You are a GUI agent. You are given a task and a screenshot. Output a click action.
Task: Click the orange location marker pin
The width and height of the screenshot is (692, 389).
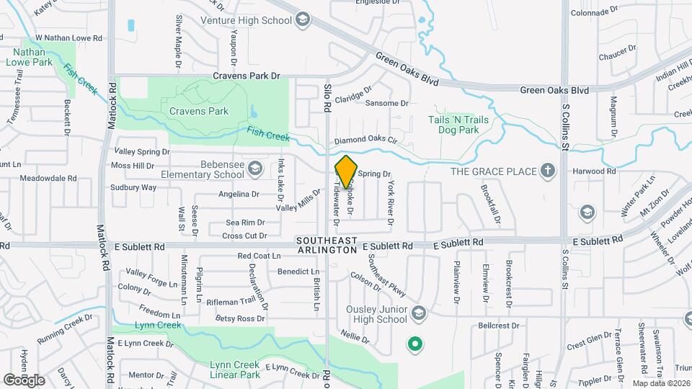coord(346,171)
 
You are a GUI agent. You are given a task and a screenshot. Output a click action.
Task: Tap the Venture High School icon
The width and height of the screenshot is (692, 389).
coord(303,19)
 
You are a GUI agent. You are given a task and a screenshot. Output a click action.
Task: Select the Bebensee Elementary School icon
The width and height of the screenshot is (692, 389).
coord(254,169)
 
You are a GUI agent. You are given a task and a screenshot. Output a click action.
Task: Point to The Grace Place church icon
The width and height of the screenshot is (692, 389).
coord(548,171)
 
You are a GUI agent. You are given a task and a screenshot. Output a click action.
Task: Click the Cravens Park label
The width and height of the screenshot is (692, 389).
coord(198,111)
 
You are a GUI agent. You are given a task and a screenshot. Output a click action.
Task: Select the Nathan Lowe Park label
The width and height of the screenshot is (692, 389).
coord(30,57)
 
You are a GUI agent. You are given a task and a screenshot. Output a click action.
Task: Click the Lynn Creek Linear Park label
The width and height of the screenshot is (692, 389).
coord(235,370)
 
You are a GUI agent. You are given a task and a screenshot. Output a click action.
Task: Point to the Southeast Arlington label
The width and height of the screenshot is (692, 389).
coord(327,245)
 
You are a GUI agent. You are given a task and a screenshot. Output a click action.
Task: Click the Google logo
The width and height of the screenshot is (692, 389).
coord(24,380)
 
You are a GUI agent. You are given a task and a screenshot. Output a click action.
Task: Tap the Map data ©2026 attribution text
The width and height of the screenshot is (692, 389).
coord(661,383)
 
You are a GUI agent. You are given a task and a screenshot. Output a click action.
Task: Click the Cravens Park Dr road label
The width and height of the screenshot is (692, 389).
coord(245,75)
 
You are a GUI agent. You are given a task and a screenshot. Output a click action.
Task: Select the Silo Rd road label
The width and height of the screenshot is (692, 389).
coord(327,97)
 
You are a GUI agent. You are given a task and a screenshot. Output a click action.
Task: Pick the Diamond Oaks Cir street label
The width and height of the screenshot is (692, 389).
coord(365,140)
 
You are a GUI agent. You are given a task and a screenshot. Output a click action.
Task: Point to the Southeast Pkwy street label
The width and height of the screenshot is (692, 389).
coord(387,276)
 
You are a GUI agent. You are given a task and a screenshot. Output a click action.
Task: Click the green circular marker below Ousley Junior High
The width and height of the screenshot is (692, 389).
coord(414,344)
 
